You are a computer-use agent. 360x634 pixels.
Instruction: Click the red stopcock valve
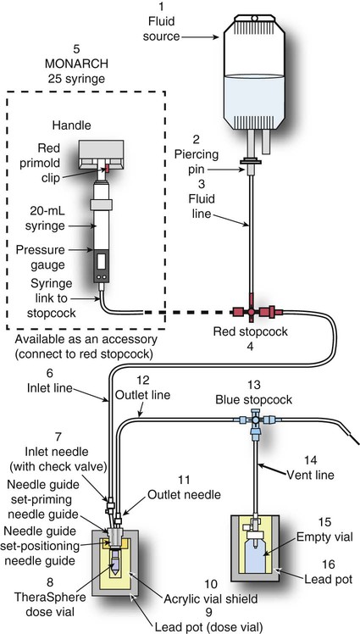coord(252,312)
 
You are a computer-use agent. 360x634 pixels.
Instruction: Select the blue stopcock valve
coord(255,421)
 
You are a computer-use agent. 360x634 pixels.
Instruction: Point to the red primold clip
coord(108,167)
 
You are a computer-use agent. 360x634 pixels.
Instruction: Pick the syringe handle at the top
coord(101,154)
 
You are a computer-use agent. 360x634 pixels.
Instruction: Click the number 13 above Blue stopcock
coord(255,384)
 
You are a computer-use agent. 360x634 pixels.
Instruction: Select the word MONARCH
coord(77,64)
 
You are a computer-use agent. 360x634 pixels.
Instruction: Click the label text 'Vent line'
coord(310,475)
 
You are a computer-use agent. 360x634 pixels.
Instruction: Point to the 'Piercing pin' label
coord(197,161)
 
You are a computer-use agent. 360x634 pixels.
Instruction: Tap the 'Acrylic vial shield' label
coord(211,598)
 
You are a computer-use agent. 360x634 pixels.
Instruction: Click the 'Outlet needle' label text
coord(185,494)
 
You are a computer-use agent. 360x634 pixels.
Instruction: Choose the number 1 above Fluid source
coord(162,7)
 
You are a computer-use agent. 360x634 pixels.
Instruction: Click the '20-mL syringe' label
coord(45,219)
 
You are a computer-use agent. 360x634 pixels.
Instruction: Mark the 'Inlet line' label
coord(50,387)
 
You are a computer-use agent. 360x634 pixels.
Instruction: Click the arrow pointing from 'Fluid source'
coord(200,36)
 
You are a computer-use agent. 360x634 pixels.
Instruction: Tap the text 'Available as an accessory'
coord(86,338)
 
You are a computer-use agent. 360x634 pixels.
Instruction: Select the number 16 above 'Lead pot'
coord(330,564)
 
